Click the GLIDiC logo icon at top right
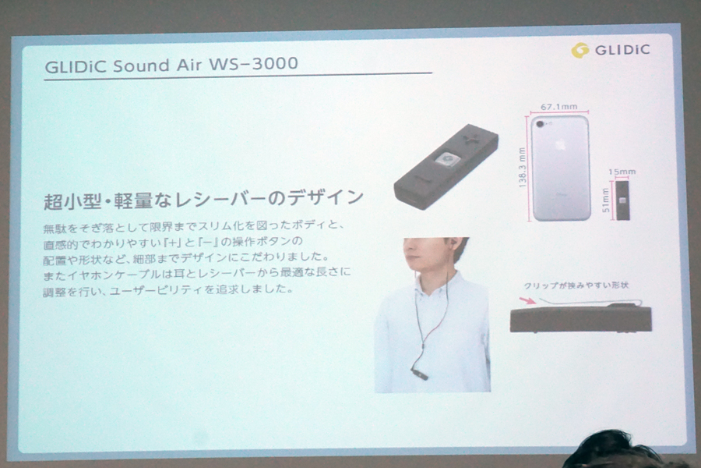[x=579, y=50]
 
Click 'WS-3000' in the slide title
[x=253, y=64]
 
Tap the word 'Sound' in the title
[x=141, y=66]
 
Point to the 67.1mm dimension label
[x=558, y=107]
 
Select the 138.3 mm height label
[x=522, y=168]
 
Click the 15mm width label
[x=622, y=172]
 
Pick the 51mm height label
[x=606, y=200]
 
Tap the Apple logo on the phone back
[x=560, y=144]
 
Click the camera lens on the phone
[x=541, y=123]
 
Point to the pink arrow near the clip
[x=527, y=300]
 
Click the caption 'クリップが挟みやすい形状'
[x=576, y=285]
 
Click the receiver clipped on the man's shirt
[x=419, y=373]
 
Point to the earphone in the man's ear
[x=454, y=243]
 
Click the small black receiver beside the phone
[x=623, y=200]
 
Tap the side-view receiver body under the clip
[x=581, y=318]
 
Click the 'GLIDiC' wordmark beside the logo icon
[x=622, y=50]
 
